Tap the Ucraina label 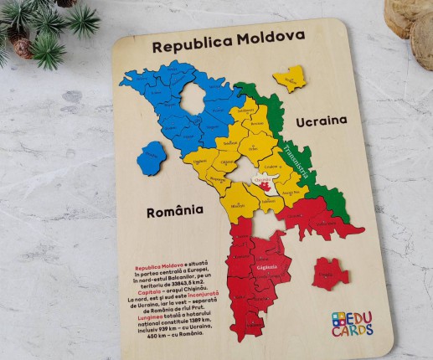click(320, 121)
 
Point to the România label click(175, 212)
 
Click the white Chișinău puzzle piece click(263, 183)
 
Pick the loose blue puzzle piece click(152, 158)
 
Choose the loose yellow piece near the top click(289, 79)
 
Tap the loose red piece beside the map click(330, 273)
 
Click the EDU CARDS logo click(353, 323)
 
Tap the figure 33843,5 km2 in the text click(180, 276)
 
